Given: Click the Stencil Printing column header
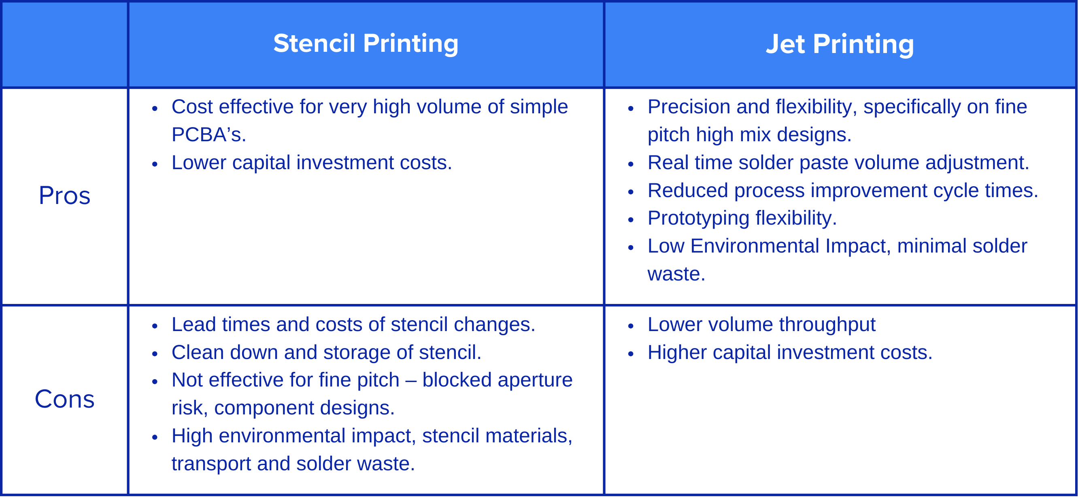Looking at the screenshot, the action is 366,44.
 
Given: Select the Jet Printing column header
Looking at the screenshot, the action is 840,44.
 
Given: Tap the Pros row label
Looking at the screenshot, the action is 64,195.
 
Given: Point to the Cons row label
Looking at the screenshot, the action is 64,399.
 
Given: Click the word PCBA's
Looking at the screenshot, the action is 209,135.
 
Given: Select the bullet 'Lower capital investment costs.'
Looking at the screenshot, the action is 312,162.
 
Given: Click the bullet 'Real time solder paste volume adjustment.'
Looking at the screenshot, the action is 838,162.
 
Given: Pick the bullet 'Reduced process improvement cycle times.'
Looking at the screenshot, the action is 843,190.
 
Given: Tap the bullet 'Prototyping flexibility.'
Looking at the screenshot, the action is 742,218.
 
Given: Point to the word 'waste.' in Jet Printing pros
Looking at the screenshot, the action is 676,274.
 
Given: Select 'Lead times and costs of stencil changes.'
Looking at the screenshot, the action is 353,324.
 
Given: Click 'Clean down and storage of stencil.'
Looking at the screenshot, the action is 326,352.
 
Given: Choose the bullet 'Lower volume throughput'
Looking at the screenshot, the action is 761,325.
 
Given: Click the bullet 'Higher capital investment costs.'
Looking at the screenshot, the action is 790,352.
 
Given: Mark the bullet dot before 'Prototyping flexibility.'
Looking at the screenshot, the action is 631,220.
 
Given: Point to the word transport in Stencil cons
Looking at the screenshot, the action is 211,464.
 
